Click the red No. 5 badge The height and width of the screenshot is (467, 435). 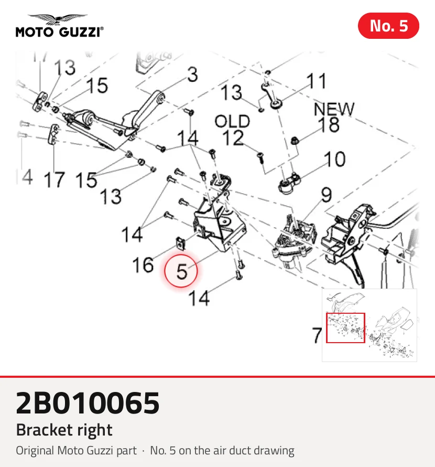(388, 26)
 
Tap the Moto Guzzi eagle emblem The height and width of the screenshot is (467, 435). (58, 19)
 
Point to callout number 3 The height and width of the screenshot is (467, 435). (193, 75)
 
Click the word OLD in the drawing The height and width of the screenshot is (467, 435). (232, 122)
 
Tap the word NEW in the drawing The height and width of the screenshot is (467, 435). (334, 109)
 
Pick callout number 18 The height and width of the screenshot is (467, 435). (329, 124)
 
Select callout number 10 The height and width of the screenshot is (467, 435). (335, 159)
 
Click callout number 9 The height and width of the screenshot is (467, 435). (327, 195)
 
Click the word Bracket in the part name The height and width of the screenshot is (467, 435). (44, 430)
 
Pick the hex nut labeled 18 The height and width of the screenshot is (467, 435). (295, 140)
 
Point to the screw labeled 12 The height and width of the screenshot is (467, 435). (260, 157)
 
